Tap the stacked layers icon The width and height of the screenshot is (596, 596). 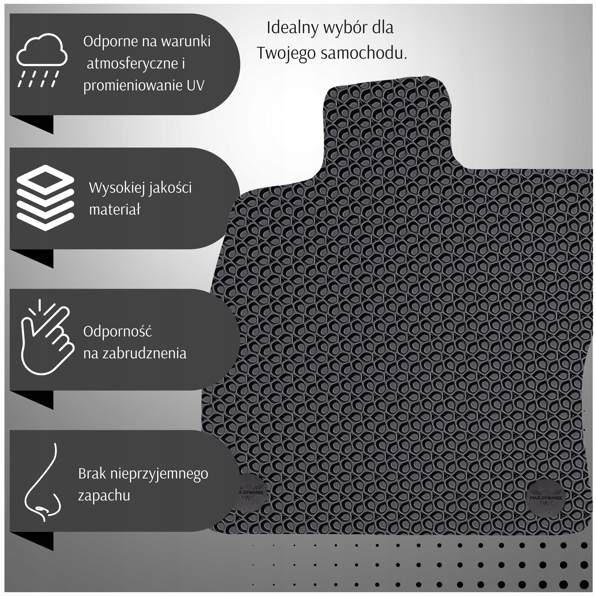[45, 197]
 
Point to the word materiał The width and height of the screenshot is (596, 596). [115, 210]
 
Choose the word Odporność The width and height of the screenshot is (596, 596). [118, 332]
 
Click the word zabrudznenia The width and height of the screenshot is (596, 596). [144, 354]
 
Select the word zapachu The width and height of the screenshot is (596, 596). [104, 495]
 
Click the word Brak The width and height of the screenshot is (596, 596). [92, 473]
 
